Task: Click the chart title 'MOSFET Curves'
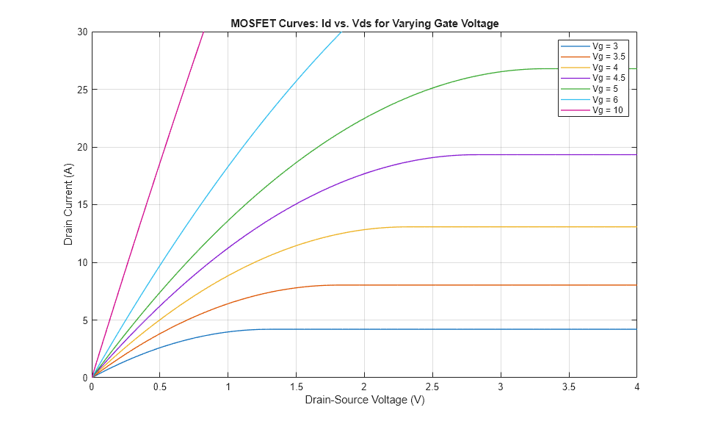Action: [x=365, y=24]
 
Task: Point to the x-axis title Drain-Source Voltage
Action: [x=364, y=401]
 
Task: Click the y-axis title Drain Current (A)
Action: [x=68, y=205]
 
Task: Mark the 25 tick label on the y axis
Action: [x=82, y=90]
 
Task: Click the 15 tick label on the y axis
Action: [x=82, y=205]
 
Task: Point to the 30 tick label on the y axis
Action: [x=82, y=32]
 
